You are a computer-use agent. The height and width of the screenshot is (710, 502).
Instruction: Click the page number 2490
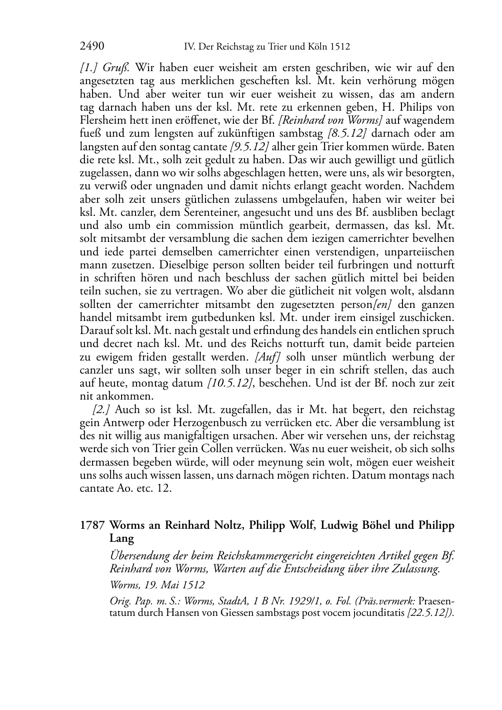[x=92, y=47]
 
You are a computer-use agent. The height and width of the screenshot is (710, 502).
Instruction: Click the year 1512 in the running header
[x=340, y=47]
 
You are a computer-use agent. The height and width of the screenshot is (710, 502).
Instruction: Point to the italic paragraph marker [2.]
[x=101, y=410]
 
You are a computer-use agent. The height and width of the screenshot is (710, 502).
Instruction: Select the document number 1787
[x=92, y=526]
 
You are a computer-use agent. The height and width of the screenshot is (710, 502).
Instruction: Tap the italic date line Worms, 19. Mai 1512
[x=156, y=585]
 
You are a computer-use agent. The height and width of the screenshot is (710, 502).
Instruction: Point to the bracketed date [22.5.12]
[x=430, y=613]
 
